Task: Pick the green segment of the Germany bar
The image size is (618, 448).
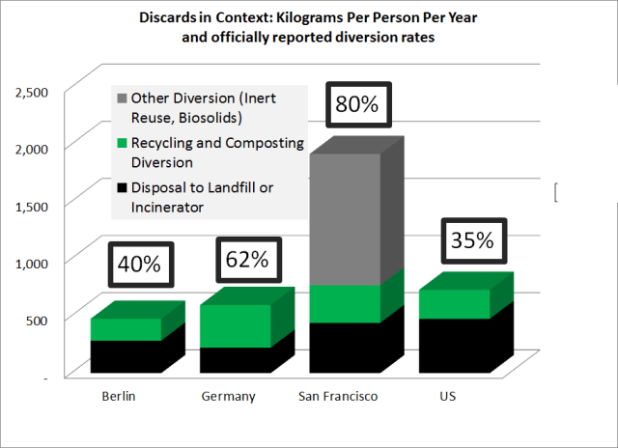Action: [x=235, y=325]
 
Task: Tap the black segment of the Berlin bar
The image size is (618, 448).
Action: [x=125, y=355]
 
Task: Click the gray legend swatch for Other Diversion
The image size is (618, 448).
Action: [x=121, y=98]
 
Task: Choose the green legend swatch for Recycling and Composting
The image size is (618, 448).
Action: [x=121, y=144]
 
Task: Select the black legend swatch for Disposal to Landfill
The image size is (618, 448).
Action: [x=121, y=187]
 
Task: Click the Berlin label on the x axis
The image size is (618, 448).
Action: [x=118, y=397]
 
